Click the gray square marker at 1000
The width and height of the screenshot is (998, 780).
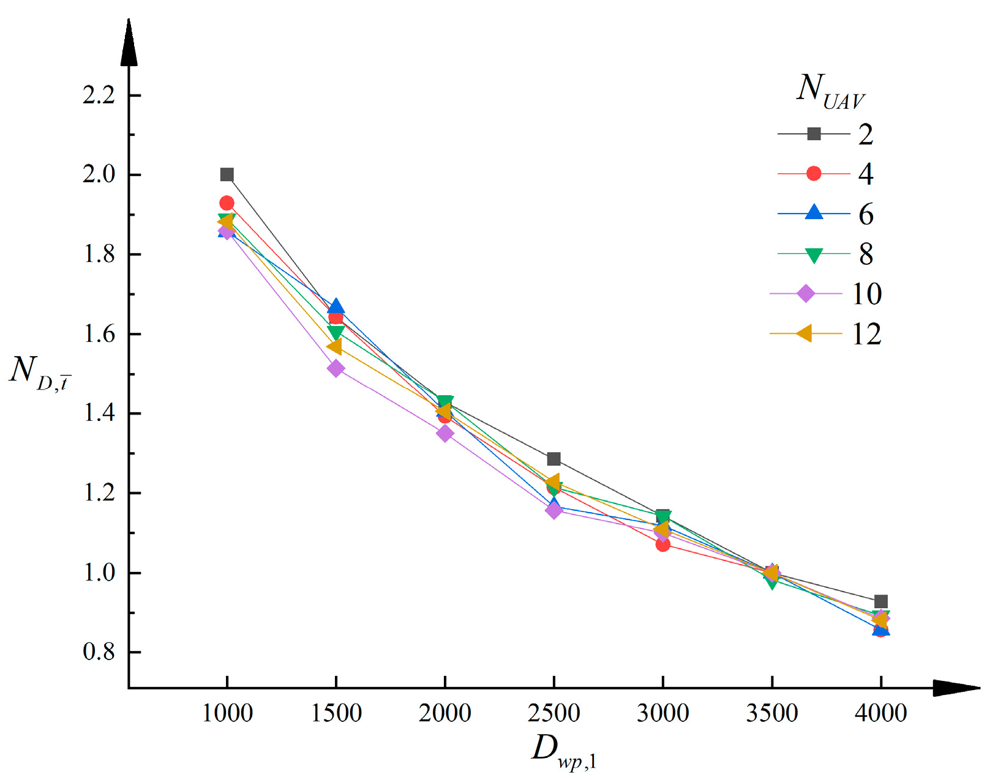(227, 175)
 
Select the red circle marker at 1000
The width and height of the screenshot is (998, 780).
(227, 203)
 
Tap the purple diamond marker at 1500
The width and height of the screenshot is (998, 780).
(336, 368)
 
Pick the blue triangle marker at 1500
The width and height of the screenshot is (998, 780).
(336, 307)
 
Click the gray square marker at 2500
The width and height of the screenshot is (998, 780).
(553, 459)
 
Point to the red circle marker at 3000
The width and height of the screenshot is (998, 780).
(662, 544)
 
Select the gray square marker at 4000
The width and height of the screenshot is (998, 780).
(880, 601)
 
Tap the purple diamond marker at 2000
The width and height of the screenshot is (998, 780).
(445, 433)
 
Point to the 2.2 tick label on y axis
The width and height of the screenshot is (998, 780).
(99, 95)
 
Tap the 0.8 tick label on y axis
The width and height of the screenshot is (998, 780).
(99, 652)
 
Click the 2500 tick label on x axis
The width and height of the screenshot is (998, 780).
(553, 713)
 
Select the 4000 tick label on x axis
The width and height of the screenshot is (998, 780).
(880, 713)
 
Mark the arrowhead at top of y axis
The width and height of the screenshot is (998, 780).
(129, 43)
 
